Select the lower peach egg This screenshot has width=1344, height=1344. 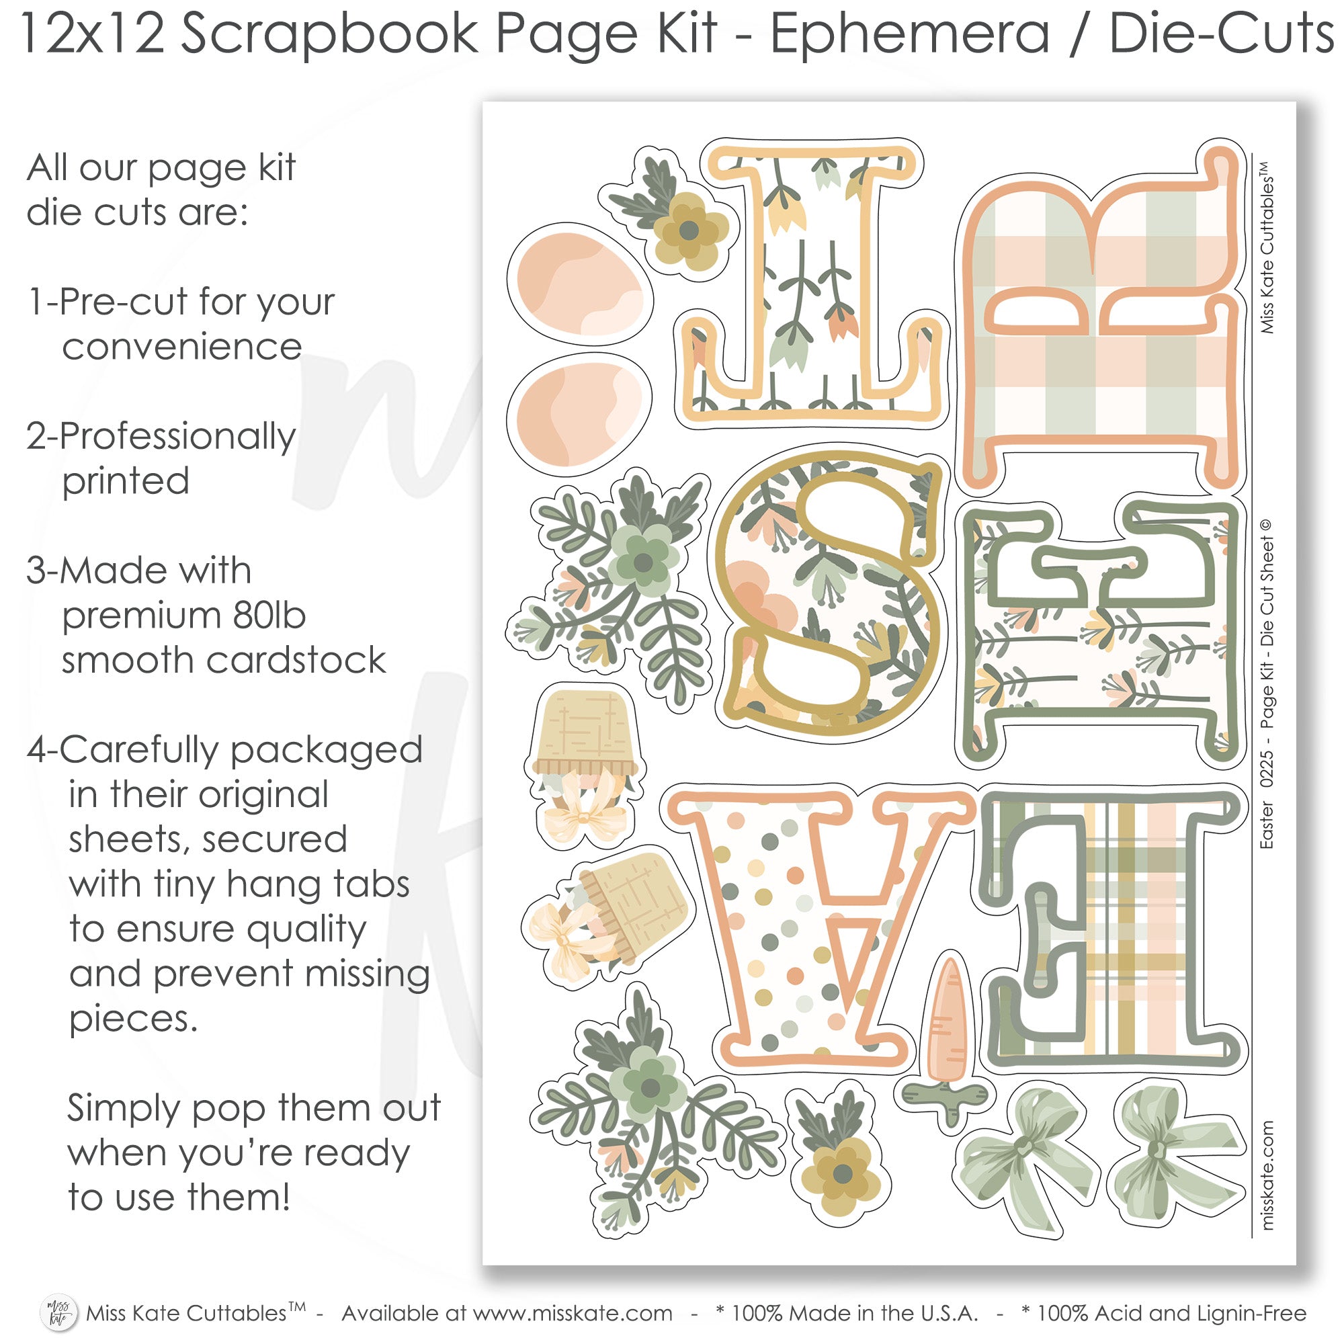(579, 415)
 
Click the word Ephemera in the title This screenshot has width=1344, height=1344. (909, 35)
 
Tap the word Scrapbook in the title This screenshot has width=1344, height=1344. (331, 35)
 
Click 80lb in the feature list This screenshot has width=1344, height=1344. (269, 615)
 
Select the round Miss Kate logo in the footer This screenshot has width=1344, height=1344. (58, 1312)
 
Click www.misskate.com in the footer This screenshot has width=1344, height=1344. (573, 1313)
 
